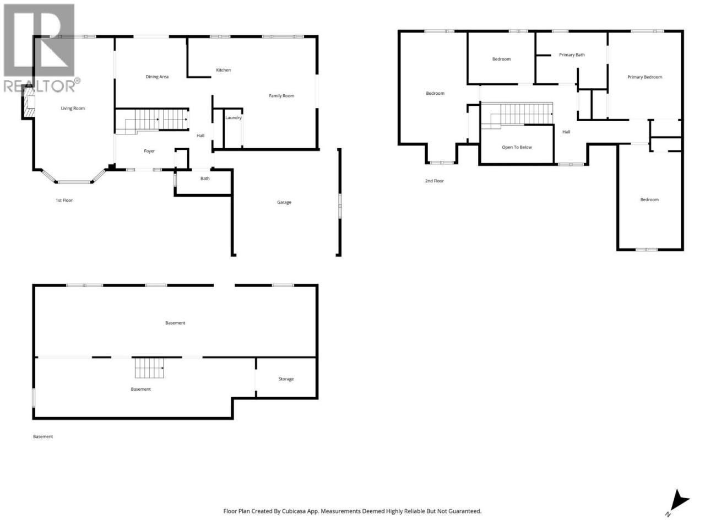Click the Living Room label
(73, 108)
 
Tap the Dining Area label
(157, 77)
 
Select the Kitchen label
(223, 70)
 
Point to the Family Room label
(281, 96)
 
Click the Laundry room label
(233, 117)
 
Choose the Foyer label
(149, 151)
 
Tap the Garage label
(284, 202)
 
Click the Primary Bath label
(572, 55)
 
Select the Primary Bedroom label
(644, 77)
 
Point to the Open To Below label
(517, 148)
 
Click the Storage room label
(286, 379)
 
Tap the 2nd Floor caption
(434, 181)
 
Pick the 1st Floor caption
(64, 201)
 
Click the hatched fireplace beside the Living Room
(29, 102)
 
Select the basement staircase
(149, 368)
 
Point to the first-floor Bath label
(205, 179)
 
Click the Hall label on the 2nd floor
(566, 132)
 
